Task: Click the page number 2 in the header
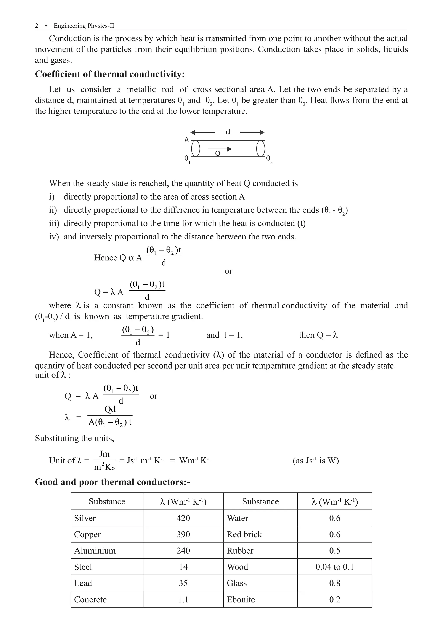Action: (37, 26)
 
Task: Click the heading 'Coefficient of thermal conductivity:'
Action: (110, 74)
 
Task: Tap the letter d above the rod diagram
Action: (228, 132)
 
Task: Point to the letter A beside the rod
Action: (187, 140)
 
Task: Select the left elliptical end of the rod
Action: (196, 149)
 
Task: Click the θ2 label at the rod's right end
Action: (269, 159)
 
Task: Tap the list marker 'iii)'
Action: (54, 223)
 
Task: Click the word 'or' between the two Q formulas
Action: (228, 271)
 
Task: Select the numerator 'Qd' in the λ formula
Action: (110, 409)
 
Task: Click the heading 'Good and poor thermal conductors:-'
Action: (112, 482)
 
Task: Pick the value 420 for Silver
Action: (183, 518)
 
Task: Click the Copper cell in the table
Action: (87, 534)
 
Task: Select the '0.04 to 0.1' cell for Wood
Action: (334, 567)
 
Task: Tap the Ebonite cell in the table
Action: (241, 599)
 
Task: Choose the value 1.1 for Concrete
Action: (183, 599)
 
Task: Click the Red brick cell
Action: (244, 534)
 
